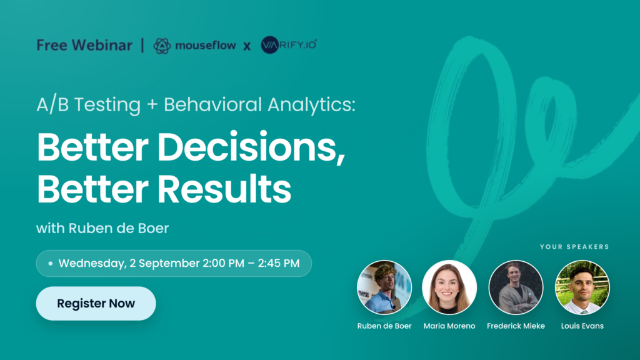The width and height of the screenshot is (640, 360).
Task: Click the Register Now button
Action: pyautogui.click(x=96, y=303)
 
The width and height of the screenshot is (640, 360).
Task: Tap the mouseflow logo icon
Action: pyautogui.click(x=162, y=46)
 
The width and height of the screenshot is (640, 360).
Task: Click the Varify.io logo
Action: pyautogui.click(x=289, y=45)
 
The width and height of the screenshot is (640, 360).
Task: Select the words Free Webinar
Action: pyautogui.click(x=84, y=45)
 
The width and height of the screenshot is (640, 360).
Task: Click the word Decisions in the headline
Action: pyautogui.click(x=251, y=147)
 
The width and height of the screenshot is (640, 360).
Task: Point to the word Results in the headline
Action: pyautogui.click(x=224, y=189)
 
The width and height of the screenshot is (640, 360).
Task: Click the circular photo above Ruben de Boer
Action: pyautogui.click(x=384, y=287)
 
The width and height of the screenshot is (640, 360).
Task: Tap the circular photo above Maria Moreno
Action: pyautogui.click(x=449, y=287)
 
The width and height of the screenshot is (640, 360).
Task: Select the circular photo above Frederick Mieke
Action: pyautogui.click(x=516, y=287)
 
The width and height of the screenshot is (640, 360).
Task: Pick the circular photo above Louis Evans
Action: pyautogui.click(x=582, y=287)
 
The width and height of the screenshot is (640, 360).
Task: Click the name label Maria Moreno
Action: pyautogui.click(x=449, y=326)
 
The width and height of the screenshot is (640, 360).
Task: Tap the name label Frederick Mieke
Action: pyautogui.click(x=516, y=326)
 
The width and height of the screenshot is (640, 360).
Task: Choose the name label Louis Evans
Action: pyautogui.click(x=582, y=326)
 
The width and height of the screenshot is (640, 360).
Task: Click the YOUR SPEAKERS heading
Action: pyautogui.click(x=574, y=246)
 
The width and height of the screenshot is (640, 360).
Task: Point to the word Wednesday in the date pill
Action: pyautogui.click(x=92, y=263)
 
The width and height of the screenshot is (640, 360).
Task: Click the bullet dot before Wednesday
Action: pyautogui.click(x=50, y=263)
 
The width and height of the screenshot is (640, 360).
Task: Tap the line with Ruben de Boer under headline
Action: pyautogui.click(x=102, y=228)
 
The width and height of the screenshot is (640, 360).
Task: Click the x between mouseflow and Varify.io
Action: pyautogui.click(x=247, y=46)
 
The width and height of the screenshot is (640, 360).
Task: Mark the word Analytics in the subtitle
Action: pyautogui.click(x=311, y=104)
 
